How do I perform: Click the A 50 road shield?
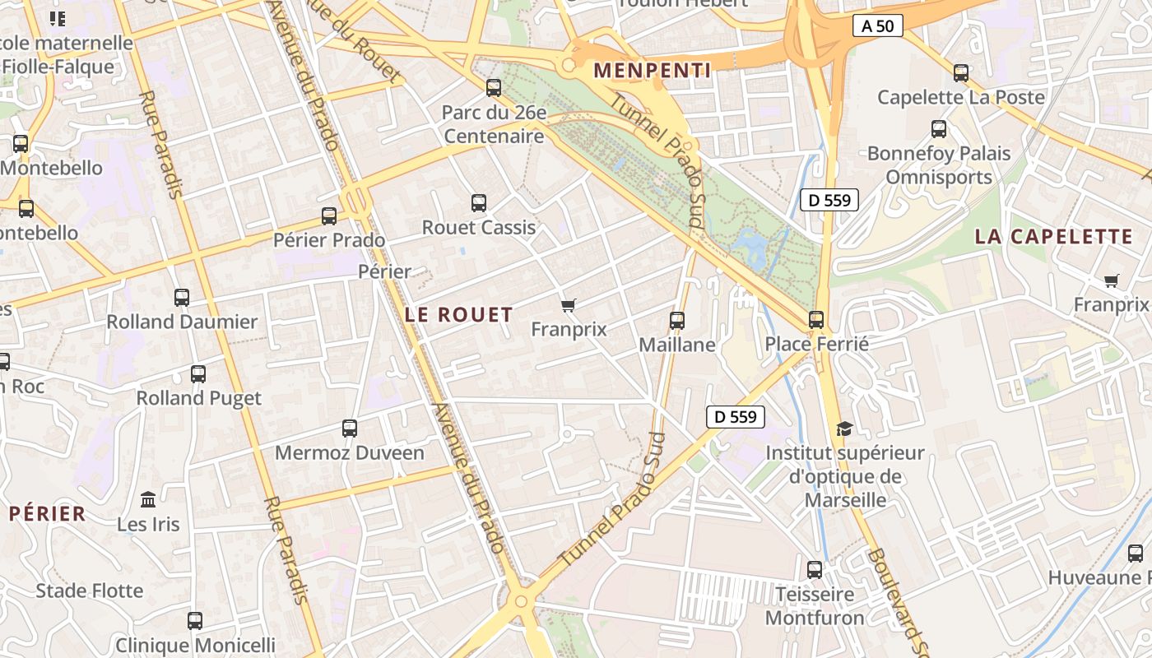877,26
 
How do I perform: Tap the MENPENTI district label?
652,71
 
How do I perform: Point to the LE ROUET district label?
459,314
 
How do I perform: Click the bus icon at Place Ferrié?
816,320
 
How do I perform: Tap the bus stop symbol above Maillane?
677,321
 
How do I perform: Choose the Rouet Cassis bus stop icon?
478,203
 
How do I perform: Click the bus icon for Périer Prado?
329,216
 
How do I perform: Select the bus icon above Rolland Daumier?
182,298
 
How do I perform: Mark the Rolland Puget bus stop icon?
198,374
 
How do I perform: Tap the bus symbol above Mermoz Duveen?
350,429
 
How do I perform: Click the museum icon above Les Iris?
148,499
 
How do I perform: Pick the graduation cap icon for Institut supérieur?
844,429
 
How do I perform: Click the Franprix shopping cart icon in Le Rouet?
568,306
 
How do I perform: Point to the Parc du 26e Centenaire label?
494,124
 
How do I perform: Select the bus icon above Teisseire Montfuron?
815,569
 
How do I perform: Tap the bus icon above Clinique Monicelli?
195,621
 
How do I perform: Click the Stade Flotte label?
90,591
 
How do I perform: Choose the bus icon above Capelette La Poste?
961,73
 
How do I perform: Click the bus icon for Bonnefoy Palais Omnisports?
939,129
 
